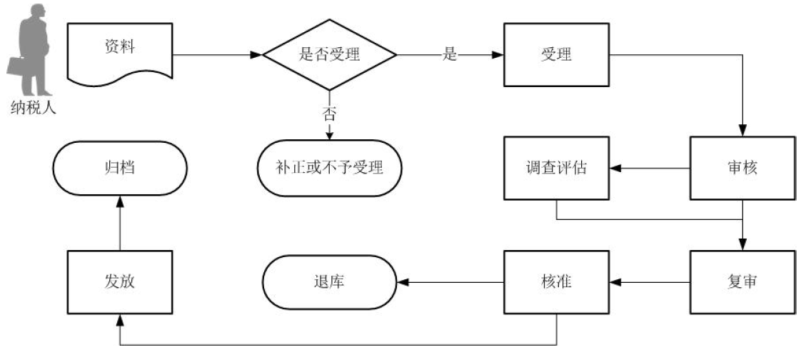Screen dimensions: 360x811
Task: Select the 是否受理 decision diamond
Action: pyautogui.click(x=329, y=54)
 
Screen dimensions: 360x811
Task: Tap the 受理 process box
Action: pyautogui.click(x=557, y=54)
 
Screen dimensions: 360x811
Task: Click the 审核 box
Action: pyautogui.click(x=742, y=169)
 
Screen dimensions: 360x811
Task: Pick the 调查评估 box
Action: pyautogui.click(x=557, y=169)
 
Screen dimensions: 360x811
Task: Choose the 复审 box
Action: pyautogui.click(x=742, y=282)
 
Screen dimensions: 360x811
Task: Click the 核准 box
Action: pyautogui.click(x=557, y=282)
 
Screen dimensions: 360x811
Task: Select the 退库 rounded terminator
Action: pyautogui.click(x=329, y=282)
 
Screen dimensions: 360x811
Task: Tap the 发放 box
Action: pyautogui.click(x=120, y=282)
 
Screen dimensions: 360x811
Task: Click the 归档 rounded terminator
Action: pyautogui.click(x=120, y=169)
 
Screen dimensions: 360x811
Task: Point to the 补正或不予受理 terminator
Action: pyautogui.click(x=329, y=169)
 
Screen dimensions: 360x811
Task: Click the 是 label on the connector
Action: pyautogui.click(x=449, y=54)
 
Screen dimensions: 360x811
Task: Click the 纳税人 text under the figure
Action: pyautogui.click(x=33, y=109)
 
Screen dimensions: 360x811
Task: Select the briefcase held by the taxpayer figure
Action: pyautogui.click(x=16, y=66)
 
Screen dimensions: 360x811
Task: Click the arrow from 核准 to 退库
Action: pyautogui.click(x=450, y=282)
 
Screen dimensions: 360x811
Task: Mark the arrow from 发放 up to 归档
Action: pyautogui.click(x=120, y=221)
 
